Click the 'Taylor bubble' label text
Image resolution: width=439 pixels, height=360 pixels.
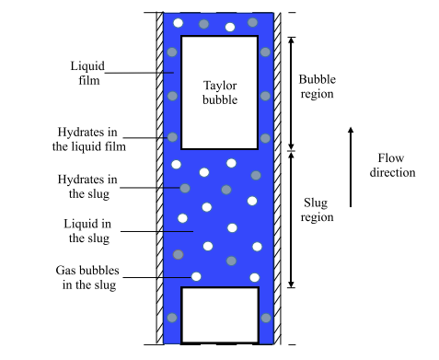220,92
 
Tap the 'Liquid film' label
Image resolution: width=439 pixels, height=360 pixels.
87,73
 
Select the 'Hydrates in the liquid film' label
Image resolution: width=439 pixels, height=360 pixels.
89,139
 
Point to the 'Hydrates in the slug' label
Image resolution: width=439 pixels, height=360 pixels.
87,187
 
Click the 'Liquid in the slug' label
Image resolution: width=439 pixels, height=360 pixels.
87,231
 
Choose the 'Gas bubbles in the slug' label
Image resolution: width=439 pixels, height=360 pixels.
87,277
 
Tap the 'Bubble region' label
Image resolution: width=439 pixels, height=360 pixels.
318,87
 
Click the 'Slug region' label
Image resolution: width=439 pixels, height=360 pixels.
317,210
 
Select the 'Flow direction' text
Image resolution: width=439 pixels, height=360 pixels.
392,165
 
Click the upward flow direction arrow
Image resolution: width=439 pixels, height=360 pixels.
351,167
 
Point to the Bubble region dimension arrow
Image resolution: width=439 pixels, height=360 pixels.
292,94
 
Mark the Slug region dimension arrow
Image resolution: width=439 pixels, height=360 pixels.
292,219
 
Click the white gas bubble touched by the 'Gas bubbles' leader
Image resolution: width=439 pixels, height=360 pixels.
196,276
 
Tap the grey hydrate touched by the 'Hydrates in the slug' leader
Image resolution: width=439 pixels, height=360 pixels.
185,188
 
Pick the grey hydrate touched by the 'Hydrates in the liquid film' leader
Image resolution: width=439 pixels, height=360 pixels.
172,137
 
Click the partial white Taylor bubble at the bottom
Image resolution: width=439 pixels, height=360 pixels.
220,315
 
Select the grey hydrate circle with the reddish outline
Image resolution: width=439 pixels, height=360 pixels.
179,254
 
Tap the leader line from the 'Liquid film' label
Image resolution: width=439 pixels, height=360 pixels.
140,73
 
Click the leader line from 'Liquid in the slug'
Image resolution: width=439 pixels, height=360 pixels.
156,231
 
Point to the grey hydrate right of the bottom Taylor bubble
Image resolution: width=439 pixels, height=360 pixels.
266,318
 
